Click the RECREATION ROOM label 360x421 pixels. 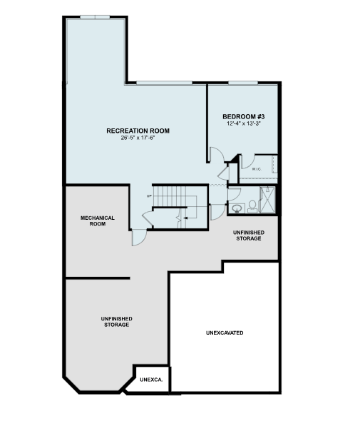(138, 131)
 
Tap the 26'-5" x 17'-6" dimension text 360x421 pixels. (138, 138)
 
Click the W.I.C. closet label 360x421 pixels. (257, 169)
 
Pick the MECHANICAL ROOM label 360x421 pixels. (98, 220)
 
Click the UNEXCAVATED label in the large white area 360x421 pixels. (225, 333)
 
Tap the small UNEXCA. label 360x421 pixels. (152, 380)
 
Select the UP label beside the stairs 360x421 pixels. (150, 196)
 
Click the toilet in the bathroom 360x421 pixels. (252, 206)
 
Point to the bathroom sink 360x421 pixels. (236, 208)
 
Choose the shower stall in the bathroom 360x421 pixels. (268, 200)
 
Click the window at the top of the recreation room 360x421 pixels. (95, 17)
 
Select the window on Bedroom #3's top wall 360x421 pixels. (243, 83)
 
